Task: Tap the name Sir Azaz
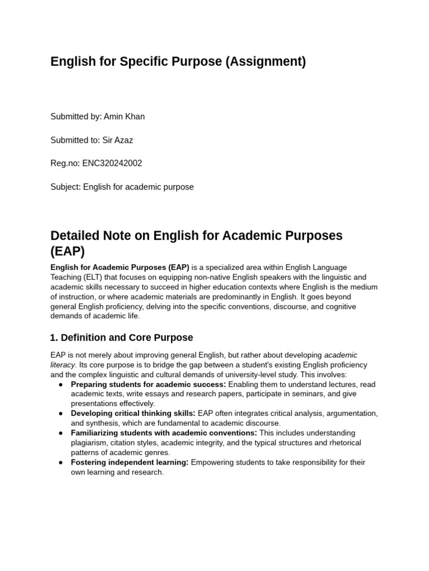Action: point(118,140)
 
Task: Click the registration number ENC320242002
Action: point(112,163)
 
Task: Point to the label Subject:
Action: point(65,187)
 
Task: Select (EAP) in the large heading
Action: point(68,251)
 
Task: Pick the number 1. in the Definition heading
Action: point(54,337)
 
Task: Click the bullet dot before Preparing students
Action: point(60,384)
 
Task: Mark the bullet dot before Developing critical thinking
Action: point(60,413)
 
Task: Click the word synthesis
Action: point(101,423)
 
